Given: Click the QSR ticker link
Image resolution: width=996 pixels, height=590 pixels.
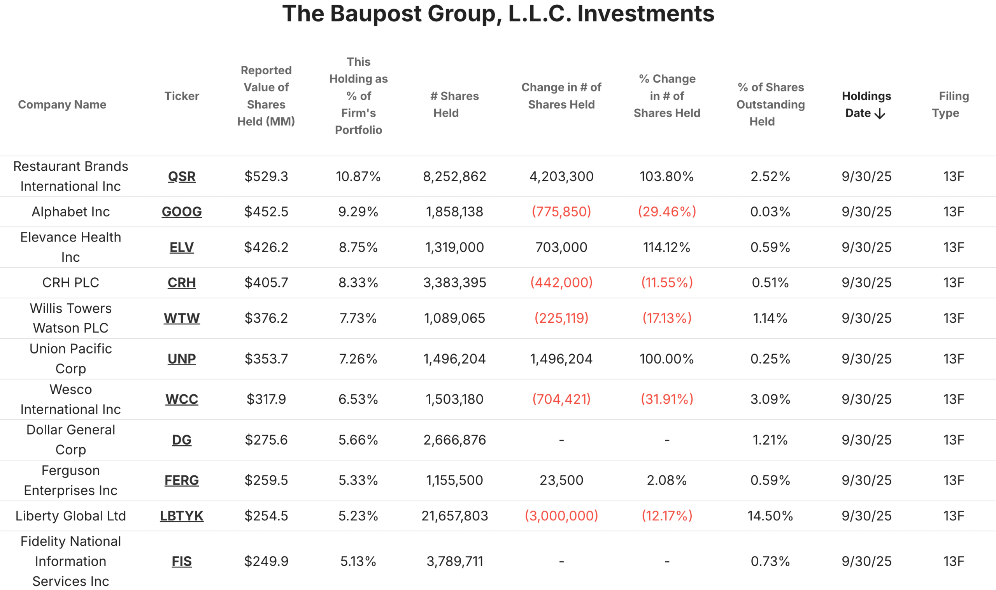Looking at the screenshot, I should (x=182, y=176).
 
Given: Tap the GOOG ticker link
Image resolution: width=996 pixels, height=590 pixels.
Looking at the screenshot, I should (x=182, y=212).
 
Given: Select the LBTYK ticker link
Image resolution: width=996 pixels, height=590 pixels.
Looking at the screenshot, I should (x=182, y=516).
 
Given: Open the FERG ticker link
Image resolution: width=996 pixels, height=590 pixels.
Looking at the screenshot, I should (x=182, y=480).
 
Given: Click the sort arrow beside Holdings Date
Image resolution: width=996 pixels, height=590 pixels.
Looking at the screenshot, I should (x=880, y=113).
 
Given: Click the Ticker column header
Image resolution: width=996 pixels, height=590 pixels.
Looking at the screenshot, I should (x=182, y=96).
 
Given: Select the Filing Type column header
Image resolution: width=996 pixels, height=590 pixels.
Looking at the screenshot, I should (x=950, y=104).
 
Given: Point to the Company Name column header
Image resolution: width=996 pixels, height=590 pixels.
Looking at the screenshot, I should (x=62, y=104).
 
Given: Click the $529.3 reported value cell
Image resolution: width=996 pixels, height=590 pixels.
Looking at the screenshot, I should (x=266, y=176).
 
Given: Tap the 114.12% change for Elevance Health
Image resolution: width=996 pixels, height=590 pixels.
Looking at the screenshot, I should (x=666, y=247).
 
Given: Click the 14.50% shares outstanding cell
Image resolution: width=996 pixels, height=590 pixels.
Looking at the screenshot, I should (x=770, y=516).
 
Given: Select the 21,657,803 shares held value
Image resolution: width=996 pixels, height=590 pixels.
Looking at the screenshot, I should (x=454, y=516).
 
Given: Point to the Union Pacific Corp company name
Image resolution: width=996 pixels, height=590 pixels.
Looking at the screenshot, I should (x=71, y=358).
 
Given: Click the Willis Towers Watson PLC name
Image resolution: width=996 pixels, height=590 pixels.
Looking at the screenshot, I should (x=71, y=318).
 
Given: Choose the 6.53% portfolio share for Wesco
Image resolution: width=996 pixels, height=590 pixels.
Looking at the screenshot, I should (x=358, y=399).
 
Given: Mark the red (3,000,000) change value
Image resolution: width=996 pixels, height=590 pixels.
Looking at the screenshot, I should (x=561, y=516).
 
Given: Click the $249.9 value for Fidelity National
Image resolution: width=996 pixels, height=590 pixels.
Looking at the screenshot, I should (x=266, y=561).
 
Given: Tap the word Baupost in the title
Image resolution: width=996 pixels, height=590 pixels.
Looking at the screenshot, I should (x=376, y=14).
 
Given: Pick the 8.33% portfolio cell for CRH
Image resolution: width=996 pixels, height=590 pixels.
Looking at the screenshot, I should (x=358, y=282).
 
